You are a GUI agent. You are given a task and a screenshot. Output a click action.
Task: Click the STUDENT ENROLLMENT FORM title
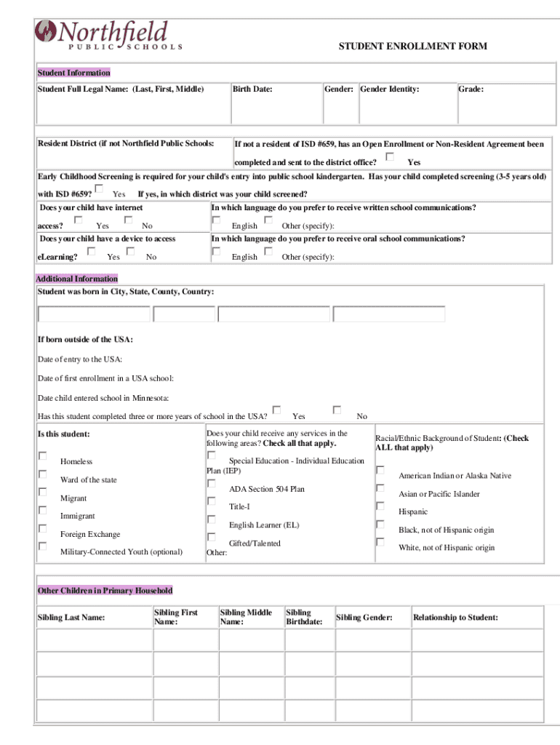click(x=412, y=47)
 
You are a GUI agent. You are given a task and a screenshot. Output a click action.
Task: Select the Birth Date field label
click(x=252, y=89)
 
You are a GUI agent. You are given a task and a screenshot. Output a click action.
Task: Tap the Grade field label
click(x=471, y=89)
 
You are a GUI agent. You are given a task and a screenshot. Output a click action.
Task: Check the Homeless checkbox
click(x=43, y=456)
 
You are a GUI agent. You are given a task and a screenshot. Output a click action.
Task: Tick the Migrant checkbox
click(x=43, y=493)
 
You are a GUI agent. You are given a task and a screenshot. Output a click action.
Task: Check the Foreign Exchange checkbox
click(x=43, y=528)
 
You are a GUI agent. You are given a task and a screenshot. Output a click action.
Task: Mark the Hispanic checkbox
click(x=380, y=506)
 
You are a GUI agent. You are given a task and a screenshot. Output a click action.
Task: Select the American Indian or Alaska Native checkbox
click(x=380, y=470)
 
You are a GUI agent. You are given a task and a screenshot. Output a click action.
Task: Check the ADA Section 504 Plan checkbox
click(x=212, y=483)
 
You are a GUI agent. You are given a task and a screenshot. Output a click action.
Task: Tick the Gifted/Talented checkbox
click(x=212, y=537)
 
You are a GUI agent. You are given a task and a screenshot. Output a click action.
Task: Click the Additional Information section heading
click(x=77, y=279)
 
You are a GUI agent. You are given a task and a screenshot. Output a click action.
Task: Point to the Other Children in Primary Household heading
click(x=105, y=591)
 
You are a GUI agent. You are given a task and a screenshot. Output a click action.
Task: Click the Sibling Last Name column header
click(x=71, y=618)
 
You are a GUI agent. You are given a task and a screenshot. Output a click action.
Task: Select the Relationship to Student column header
click(x=455, y=618)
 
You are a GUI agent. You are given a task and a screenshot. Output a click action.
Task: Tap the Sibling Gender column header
click(x=364, y=618)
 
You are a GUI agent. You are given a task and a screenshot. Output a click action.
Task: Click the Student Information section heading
click(x=74, y=73)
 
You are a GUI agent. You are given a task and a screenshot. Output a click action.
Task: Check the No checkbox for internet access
click(x=129, y=219)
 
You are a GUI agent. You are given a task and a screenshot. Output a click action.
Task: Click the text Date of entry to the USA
click(x=80, y=359)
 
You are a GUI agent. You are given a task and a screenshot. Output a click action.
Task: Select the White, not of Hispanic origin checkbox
click(x=380, y=542)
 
